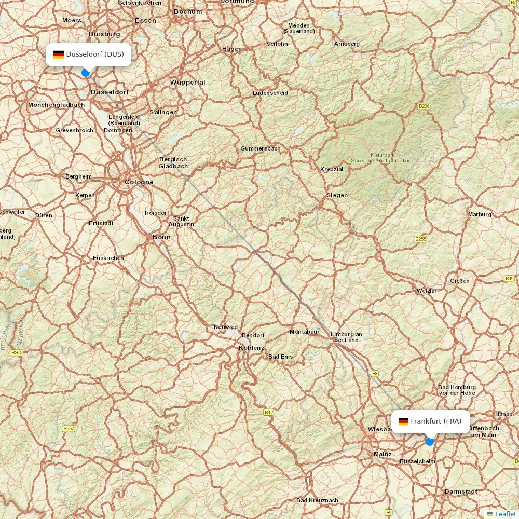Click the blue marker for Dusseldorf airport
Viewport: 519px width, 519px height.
(86, 73)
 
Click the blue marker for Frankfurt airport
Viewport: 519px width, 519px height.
(430, 441)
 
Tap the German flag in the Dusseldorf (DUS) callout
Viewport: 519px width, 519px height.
(58, 54)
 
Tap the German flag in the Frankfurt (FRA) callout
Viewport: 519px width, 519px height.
(403, 421)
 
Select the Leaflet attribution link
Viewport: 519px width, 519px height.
(505, 514)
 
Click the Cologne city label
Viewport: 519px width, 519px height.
(139, 182)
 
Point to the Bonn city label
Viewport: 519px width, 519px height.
(161, 237)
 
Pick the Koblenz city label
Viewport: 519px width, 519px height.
(252, 348)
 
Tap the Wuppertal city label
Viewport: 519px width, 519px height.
(188, 83)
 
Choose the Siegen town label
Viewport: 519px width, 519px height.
(337, 195)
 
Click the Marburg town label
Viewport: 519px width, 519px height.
(480, 214)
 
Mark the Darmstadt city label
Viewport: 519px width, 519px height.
(461, 491)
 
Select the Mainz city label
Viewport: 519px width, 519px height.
(383, 454)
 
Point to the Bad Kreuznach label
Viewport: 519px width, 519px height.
(317, 500)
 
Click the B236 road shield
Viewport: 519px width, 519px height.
(424, 106)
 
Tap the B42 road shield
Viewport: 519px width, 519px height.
(268, 413)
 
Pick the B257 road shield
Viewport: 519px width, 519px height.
(69, 429)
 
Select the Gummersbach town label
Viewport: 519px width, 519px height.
(261, 148)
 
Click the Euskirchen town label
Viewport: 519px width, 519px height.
(108, 258)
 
